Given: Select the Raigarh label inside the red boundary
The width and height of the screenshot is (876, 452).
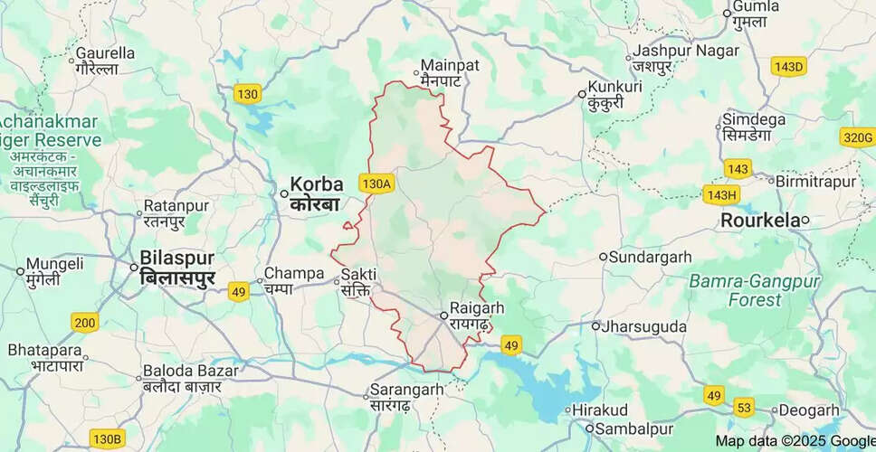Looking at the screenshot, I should [x=477, y=308].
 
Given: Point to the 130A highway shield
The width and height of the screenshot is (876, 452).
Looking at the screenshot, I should [x=376, y=184].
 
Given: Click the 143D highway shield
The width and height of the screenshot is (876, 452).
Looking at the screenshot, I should [x=788, y=67].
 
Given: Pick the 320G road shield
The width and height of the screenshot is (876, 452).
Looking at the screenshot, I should [x=856, y=137].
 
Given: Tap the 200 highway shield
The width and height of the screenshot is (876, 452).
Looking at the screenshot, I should [x=85, y=323].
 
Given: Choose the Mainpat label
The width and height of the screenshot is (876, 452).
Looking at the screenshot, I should [x=442, y=65].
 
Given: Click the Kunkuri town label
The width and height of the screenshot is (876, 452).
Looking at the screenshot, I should [x=614, y=87].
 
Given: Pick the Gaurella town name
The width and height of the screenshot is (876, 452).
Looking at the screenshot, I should [x=105, y=53].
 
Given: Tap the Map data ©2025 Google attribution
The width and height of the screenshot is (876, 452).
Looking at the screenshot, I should [x=795, y=441].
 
